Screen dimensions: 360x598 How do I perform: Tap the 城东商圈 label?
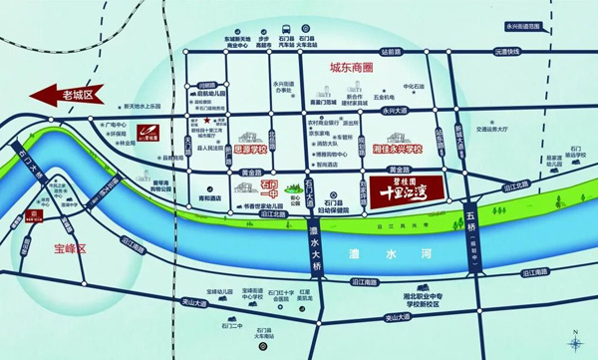tap(359, 71)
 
